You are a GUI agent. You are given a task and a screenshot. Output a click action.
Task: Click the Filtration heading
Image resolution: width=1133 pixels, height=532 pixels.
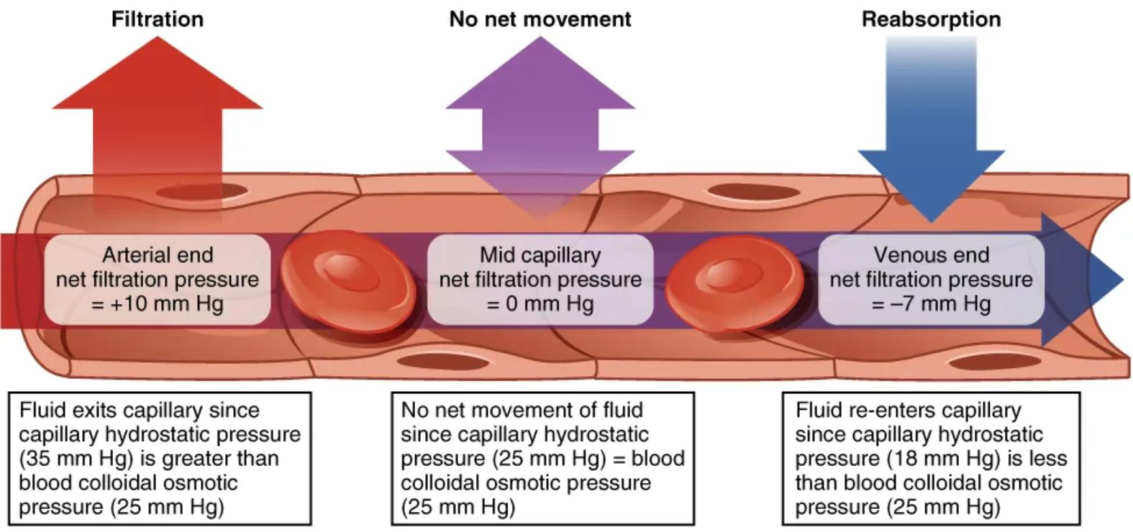[157, 19]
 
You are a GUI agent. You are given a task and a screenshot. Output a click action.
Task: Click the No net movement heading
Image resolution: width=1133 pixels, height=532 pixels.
[540, 19]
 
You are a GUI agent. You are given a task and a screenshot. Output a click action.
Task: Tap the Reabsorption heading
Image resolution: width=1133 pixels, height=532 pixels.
[931, 19]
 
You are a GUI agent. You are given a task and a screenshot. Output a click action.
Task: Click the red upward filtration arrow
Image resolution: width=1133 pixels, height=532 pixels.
[158, 101]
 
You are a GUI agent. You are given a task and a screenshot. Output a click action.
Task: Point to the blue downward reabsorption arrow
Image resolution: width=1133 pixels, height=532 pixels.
[931, 144]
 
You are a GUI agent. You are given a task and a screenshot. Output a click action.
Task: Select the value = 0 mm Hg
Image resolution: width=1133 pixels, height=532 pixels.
[540, 303]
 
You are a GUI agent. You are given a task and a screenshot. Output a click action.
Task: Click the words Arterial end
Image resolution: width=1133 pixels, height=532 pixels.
[158, 254]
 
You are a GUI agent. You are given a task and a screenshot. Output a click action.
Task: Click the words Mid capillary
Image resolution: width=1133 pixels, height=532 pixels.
[540, 254]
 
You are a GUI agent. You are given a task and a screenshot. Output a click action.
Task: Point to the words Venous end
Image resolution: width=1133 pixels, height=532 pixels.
[931, 254]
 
